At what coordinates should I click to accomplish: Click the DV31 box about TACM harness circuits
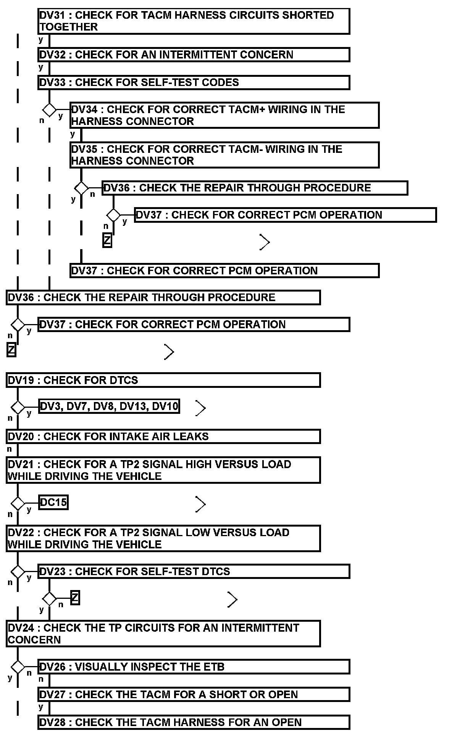(x=194, y=21)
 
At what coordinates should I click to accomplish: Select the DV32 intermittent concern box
(x=194, y=55)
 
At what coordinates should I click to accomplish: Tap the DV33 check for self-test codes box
(x=194, y=83)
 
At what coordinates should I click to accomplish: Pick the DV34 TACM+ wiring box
(x=224, y=115)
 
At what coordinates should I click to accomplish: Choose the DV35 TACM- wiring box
(x=224, y=155)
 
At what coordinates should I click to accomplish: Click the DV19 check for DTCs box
(x=163, y=380)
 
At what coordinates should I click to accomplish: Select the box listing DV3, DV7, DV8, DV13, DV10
(x=109, y=406)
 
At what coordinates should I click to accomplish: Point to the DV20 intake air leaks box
(x=163, y=436)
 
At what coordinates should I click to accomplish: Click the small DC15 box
(x=53, y=502)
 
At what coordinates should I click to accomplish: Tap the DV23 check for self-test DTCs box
(x=194, y=572)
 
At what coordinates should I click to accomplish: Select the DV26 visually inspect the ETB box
(x=194, y=667)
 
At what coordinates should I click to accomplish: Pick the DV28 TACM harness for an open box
(x=194, y=722)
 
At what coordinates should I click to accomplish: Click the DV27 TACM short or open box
(x=194, y=694)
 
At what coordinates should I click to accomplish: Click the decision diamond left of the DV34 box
(x=49, y=110)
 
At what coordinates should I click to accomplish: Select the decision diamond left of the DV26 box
(x=18, y=667)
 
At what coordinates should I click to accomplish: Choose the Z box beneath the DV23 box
(x=75, y=598)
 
